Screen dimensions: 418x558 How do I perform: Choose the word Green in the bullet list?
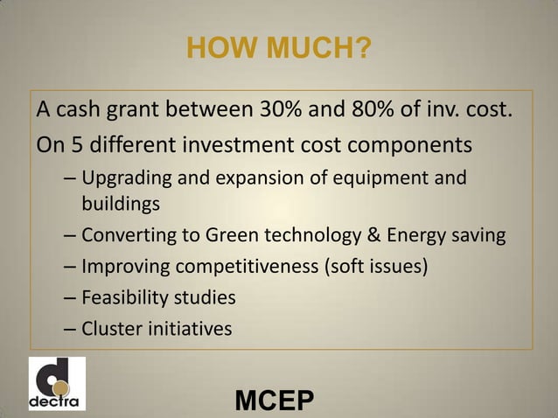coord(230,235)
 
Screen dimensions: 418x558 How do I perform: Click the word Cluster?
coord(108,329)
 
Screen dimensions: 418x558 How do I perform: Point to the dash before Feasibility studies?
coord(70,298)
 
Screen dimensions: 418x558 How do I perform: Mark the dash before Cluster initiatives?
coord(70,330)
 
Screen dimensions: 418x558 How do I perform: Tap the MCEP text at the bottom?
coord(275,401)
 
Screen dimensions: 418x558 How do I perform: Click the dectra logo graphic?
coord(57,383)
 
